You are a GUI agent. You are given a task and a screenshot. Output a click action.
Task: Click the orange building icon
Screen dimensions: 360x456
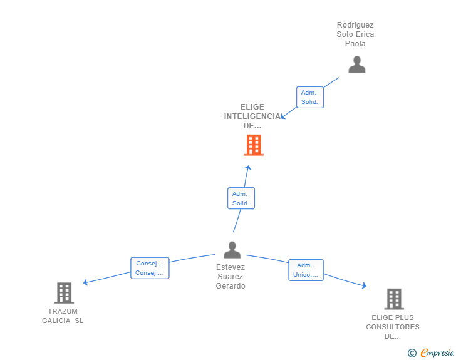tap(253, 145)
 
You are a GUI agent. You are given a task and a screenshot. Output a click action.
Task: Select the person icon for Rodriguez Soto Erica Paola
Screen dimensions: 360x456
tap(356, 64)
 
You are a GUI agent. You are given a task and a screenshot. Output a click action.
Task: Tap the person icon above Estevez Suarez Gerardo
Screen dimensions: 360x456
tap(232, 250)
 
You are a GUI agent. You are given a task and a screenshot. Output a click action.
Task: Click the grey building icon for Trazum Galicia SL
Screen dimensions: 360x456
tap(63, 292)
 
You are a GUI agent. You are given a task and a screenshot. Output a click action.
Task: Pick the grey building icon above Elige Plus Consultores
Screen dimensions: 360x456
tap(393, 299)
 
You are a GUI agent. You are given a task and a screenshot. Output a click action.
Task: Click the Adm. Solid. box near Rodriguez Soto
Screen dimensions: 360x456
tap(309, 97)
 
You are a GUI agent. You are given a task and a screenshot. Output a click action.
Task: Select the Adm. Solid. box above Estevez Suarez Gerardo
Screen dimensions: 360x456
tap(241, 198)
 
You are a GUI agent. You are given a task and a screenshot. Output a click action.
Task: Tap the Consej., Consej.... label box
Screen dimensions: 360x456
tap(150, 268)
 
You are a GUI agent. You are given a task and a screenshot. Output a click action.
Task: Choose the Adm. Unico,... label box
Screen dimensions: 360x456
tap(306, 270)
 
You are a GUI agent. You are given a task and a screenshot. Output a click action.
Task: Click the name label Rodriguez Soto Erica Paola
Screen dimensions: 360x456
tap(355, 34)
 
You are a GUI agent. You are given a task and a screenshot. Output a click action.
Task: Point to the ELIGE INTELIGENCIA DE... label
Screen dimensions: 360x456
tap(252, 116)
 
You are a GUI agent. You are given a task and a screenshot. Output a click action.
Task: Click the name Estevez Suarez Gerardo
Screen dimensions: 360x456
tap(231, 277)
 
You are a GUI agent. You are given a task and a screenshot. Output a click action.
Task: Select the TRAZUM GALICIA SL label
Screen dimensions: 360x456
tap(63, 316)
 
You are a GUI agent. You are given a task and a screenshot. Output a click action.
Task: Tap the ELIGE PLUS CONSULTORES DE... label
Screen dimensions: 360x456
tap(393, 327)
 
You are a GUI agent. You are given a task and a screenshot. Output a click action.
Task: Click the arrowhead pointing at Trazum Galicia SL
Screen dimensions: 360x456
tap(86, 282)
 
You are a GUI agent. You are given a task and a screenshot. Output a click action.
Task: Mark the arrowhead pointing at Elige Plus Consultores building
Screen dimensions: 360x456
tap(364, 285)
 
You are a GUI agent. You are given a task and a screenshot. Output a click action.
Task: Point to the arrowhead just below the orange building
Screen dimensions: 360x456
tap(248, 168)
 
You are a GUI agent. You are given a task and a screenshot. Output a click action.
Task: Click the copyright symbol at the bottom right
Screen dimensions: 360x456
tap(412, 353)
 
